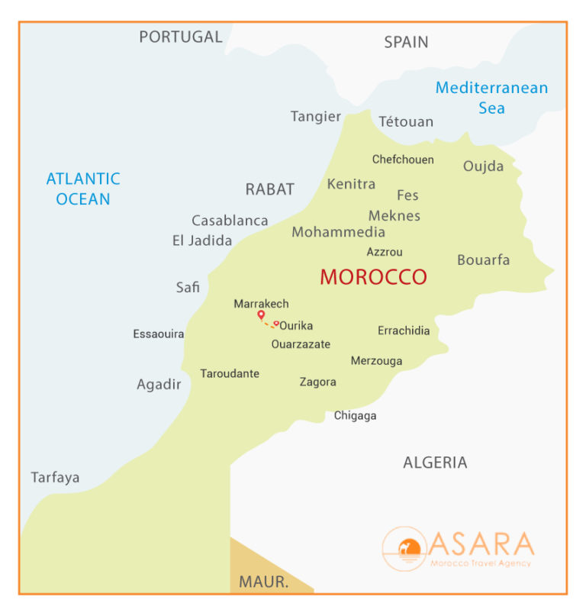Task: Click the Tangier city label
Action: click(x=315, y=117)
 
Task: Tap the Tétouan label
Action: click(x=406, y=121)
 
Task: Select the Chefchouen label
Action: click(x=403, y=160)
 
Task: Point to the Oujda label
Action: click(x=483, y=166)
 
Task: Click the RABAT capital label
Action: click(x=269, y=189)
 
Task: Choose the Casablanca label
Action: click(x=230, y=221)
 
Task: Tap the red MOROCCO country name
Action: click(x=373, y=277)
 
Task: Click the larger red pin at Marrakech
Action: click(x=261, y=314)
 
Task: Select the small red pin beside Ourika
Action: click(x=276, y=324)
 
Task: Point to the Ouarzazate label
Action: click(x=301, y=344)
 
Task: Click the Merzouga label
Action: click(x=376, y=361)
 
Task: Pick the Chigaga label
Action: click(x=355, y=416)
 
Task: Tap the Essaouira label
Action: click(x=158, y=334)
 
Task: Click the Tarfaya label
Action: click(x=55, y=478)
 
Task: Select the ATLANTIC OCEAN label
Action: click(x=83, y=189)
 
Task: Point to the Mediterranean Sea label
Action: click(x=491, y=98)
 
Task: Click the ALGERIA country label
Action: click(x=435, y=463)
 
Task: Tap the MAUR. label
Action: click(x=263, y=582)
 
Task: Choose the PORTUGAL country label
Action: click(x=181, y=37)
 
